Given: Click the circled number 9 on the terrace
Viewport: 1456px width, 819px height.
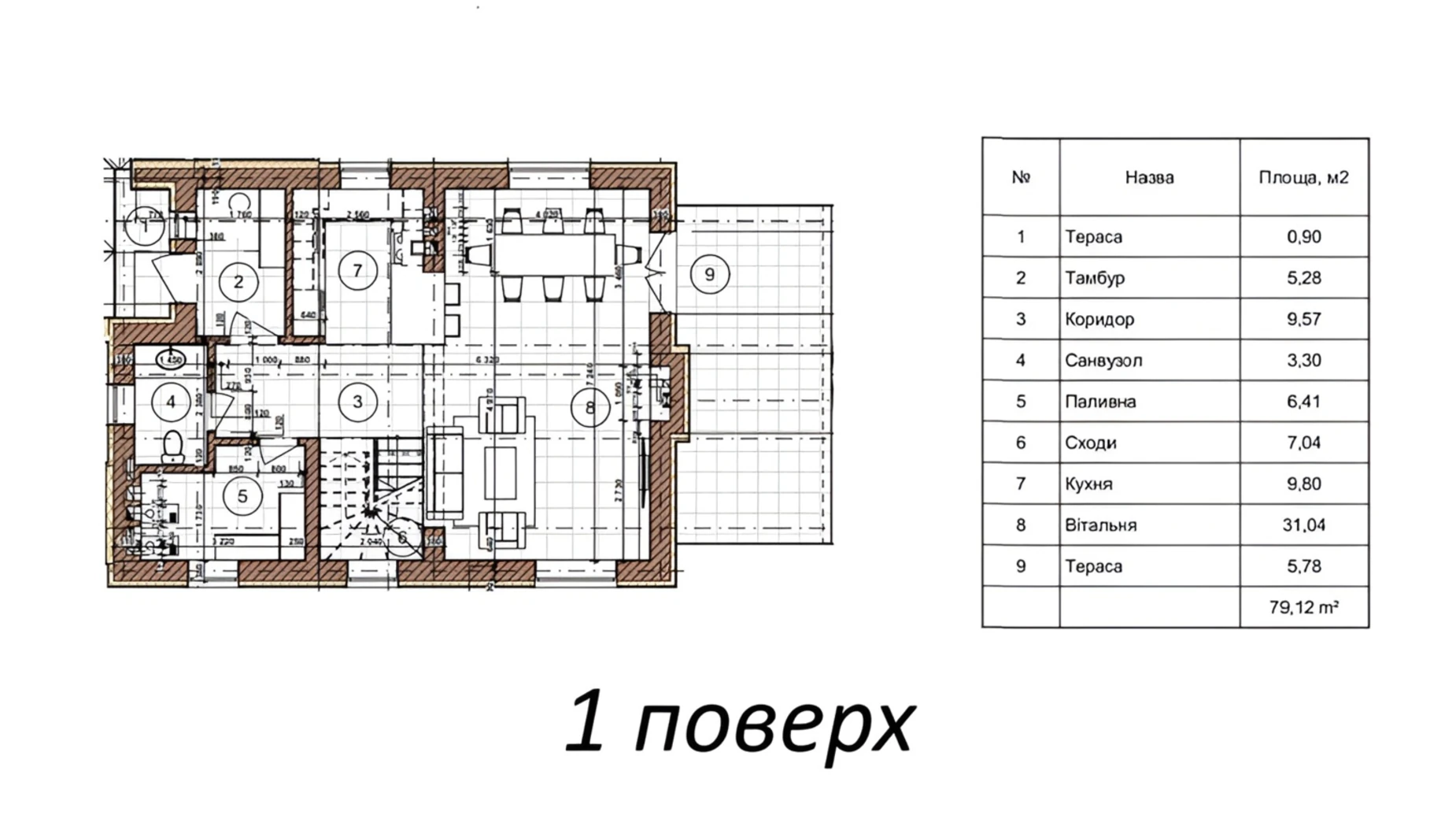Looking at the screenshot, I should tap(709, 274).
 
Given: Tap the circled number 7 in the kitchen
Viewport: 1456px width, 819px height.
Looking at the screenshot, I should tap(357, 271).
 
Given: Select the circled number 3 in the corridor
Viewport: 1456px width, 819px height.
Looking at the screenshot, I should tap(357, 402).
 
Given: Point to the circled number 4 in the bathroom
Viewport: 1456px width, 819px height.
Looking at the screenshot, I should tap(171, 402).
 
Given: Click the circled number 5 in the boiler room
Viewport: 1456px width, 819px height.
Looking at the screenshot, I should tap(242, 496).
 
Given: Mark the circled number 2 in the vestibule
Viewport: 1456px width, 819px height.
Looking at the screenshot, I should tap(238, 281).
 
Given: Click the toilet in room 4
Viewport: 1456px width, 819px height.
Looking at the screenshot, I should tap(173, 447).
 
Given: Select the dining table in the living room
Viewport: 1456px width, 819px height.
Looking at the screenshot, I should tap(553, 254).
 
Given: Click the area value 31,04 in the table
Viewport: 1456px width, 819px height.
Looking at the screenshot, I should tap(1303, 525).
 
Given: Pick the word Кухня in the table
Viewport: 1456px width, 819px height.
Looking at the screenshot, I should tap(1088, 484).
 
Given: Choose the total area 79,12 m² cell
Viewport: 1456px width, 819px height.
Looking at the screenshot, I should tap(1303, 607).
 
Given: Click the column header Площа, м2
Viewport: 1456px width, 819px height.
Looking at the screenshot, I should tap(1303, 178).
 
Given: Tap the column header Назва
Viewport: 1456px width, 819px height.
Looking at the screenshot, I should tap(1149, 178).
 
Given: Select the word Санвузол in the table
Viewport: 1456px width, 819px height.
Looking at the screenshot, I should tap(1103, 361).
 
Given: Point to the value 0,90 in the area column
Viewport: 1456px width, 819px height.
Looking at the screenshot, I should tap(1303, 237).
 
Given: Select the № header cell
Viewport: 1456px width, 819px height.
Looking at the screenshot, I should tap(1021, 178).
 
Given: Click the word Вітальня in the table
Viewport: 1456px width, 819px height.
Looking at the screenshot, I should tap(1100, 525).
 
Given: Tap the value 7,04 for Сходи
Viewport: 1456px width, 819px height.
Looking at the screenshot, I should tap(1303, 443).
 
